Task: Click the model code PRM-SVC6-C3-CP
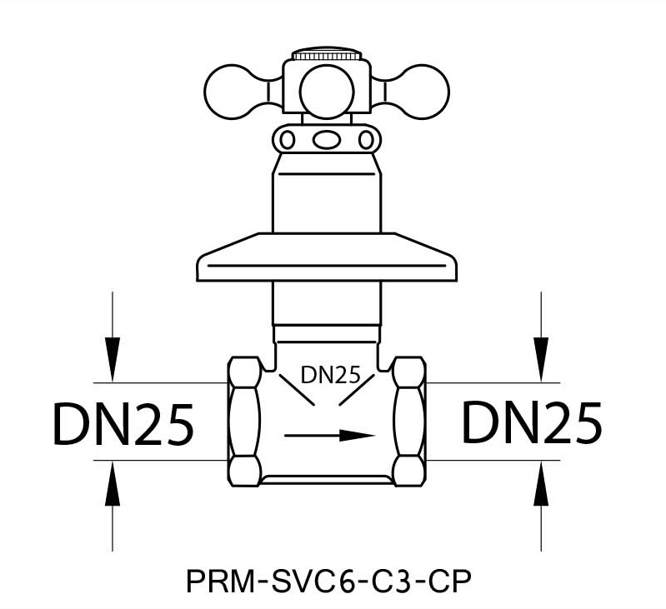[x=328, y=582]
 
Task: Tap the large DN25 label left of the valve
[x=123, y=424]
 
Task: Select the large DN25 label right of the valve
[x=532, y=422]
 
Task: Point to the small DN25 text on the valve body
[x=330, y=375]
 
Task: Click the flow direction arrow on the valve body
[x=329, y=436]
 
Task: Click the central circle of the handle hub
[x=327, y=92]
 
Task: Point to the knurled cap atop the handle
[x=327, y=54]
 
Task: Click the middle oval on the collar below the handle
[x=327, y=140]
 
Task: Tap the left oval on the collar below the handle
[x=287, y=140]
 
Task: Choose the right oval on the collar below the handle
[x=366, y=140]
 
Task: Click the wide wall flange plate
[x=327, y=257]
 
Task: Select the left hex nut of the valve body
[x=245, y=422]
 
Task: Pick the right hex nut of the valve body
[x=408, y=422]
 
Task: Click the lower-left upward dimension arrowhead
[x=113, y=483]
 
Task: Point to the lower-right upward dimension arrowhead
[x=541, y=483]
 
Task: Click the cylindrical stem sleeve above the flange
[x=327, y=193]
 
